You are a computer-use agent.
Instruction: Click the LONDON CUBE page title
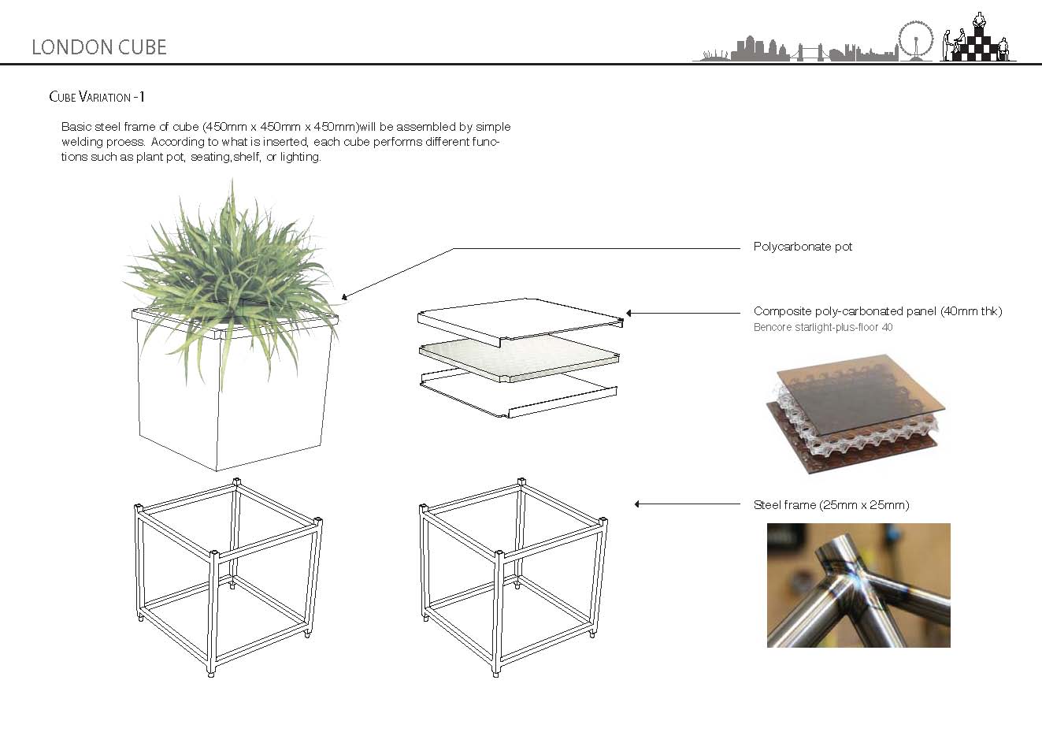click(99, 47)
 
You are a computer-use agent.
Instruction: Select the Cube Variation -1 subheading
click(96, 97)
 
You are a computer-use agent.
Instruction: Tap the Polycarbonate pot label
click(803, 247)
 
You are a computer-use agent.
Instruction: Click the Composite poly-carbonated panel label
click(877, 311)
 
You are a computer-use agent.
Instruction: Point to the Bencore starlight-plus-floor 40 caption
click(823, 327)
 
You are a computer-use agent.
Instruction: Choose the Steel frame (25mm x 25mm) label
click(831, 505)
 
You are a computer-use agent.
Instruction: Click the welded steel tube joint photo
click(858, 585)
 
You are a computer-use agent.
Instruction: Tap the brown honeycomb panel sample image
click(855, 418)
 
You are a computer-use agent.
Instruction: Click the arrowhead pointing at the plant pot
click(344, 298)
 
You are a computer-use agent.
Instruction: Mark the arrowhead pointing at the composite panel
click(629, 313)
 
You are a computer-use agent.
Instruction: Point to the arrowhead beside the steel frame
click(637, 504)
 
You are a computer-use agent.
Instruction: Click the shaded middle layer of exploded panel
click(520, 359)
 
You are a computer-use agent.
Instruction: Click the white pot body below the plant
click(233, 410)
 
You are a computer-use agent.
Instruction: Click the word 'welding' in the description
click(82, 142)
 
